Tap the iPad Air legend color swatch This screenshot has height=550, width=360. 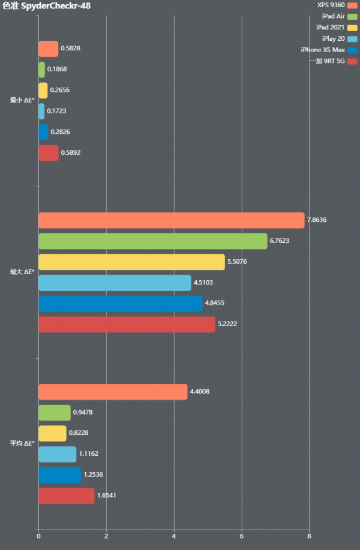pyautogui.click(x=353, y=16)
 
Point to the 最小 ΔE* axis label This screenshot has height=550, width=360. pyautogui.click(x=22, y=100)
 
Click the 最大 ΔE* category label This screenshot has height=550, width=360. pyautogui.click(x=22, y=272)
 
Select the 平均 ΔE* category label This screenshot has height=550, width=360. pyautogui.click(x=22, y=443)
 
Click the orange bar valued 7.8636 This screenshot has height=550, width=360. pyautogui.click(x=171, y=220)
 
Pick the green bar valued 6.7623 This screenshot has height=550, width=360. pyautogui.click(x=152, y=241)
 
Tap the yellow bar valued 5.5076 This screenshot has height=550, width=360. pyautogui.click(x=131, y=262)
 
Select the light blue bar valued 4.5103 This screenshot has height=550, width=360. pyautogui.click(x=115, y=282)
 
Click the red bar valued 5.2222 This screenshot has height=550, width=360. pyautogui.click(x=127, y=324)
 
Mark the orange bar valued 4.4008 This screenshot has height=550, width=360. pyautogui.click(x=113, y=392)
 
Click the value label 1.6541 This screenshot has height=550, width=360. pyautogui.click(x=106, y=496)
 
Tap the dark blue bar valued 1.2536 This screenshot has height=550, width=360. pyautogui.click(x=59, y=475)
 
